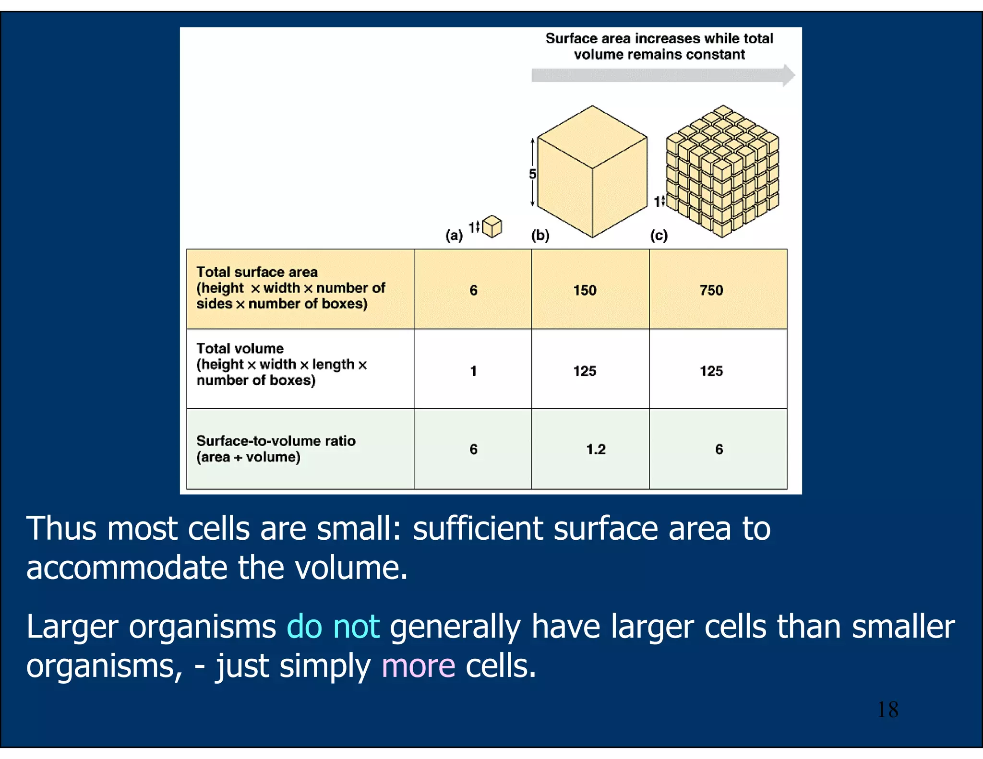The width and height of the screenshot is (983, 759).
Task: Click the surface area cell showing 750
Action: tap(711, 290)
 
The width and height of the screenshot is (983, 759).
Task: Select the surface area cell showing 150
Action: tap(585, 290)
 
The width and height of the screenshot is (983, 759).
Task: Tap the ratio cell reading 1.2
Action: tap(596, 450)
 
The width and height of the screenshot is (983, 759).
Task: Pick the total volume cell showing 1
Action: tap(473, 371)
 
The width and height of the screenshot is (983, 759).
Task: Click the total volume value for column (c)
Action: tap(711, 371)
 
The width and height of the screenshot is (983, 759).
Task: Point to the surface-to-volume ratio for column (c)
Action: tap(719, 450)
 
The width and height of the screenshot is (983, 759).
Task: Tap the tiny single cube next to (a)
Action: tap(492, 226)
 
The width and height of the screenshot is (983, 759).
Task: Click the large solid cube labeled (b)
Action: tap(592, 173)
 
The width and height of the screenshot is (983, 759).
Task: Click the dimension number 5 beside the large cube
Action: tap(532, 174)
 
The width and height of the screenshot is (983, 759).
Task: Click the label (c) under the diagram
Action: tap(659, 236)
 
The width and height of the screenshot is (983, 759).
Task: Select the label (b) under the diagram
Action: tap(540, 236)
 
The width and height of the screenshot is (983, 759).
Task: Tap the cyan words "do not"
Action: tap(333, 627)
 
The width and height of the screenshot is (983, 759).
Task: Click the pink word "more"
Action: tap(418, 666)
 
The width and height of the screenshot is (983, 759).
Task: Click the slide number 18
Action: tap(887, 710)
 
